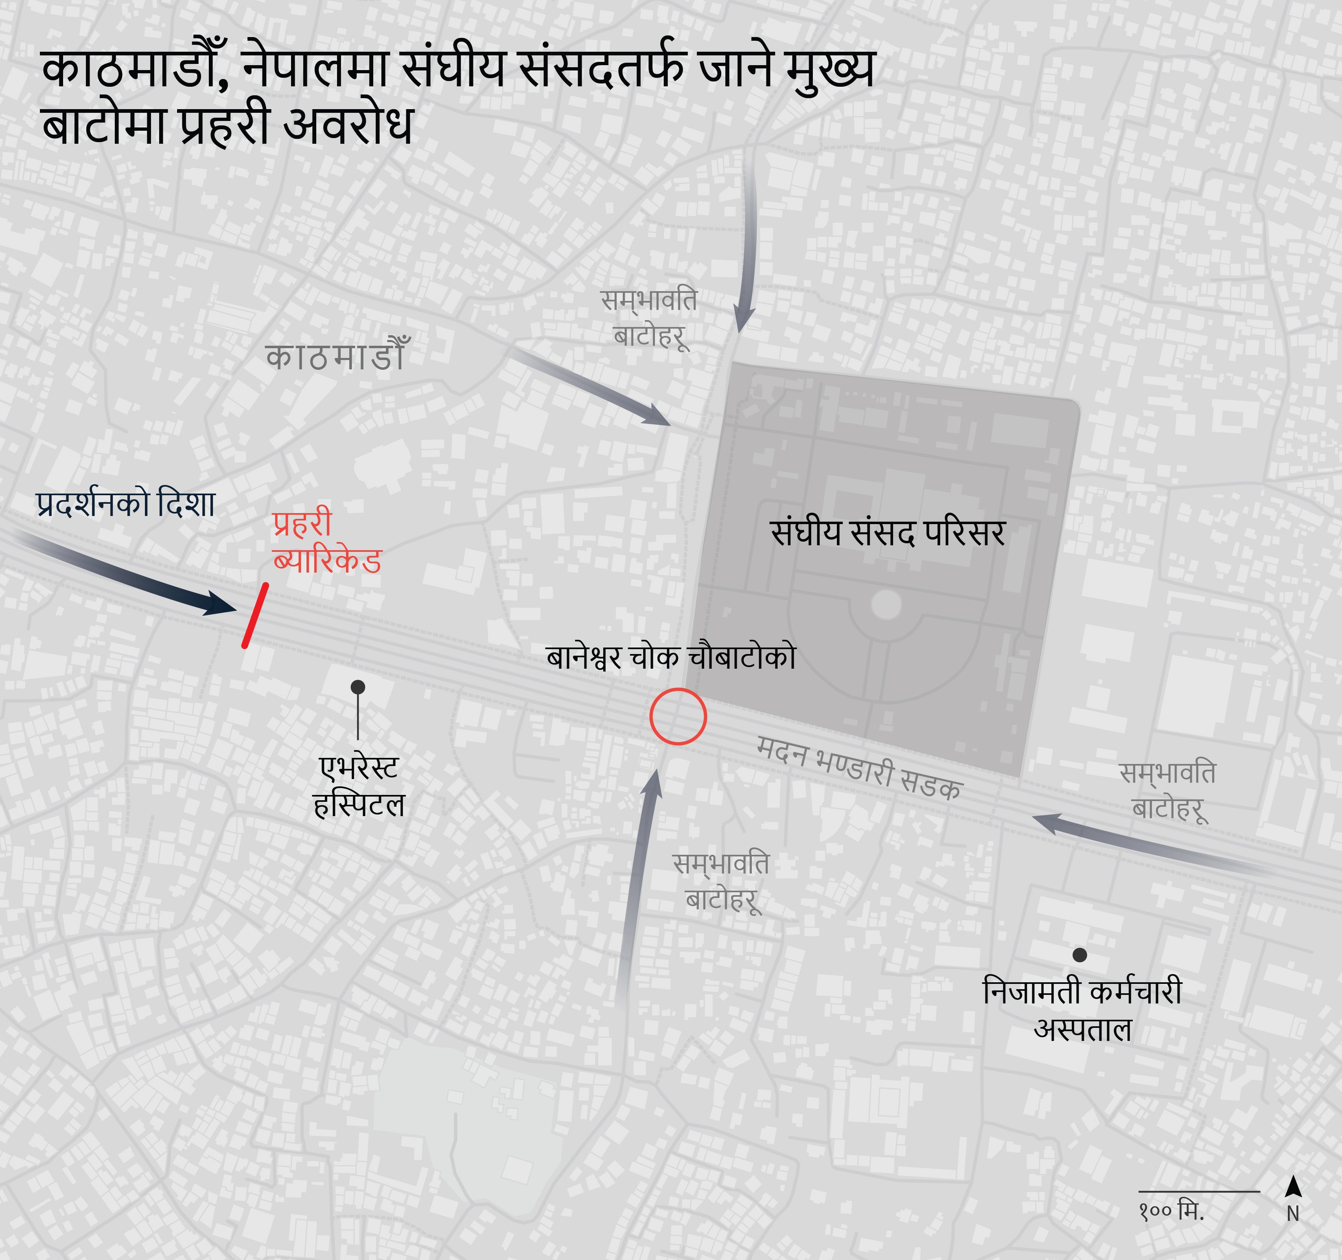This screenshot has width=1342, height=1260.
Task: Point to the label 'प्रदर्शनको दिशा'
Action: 126,505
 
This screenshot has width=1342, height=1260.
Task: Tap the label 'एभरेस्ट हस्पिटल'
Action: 359,787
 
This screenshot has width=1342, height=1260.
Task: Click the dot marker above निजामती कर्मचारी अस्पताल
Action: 1079,955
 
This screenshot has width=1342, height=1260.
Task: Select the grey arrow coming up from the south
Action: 640,878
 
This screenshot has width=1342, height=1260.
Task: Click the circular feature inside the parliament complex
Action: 886,604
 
